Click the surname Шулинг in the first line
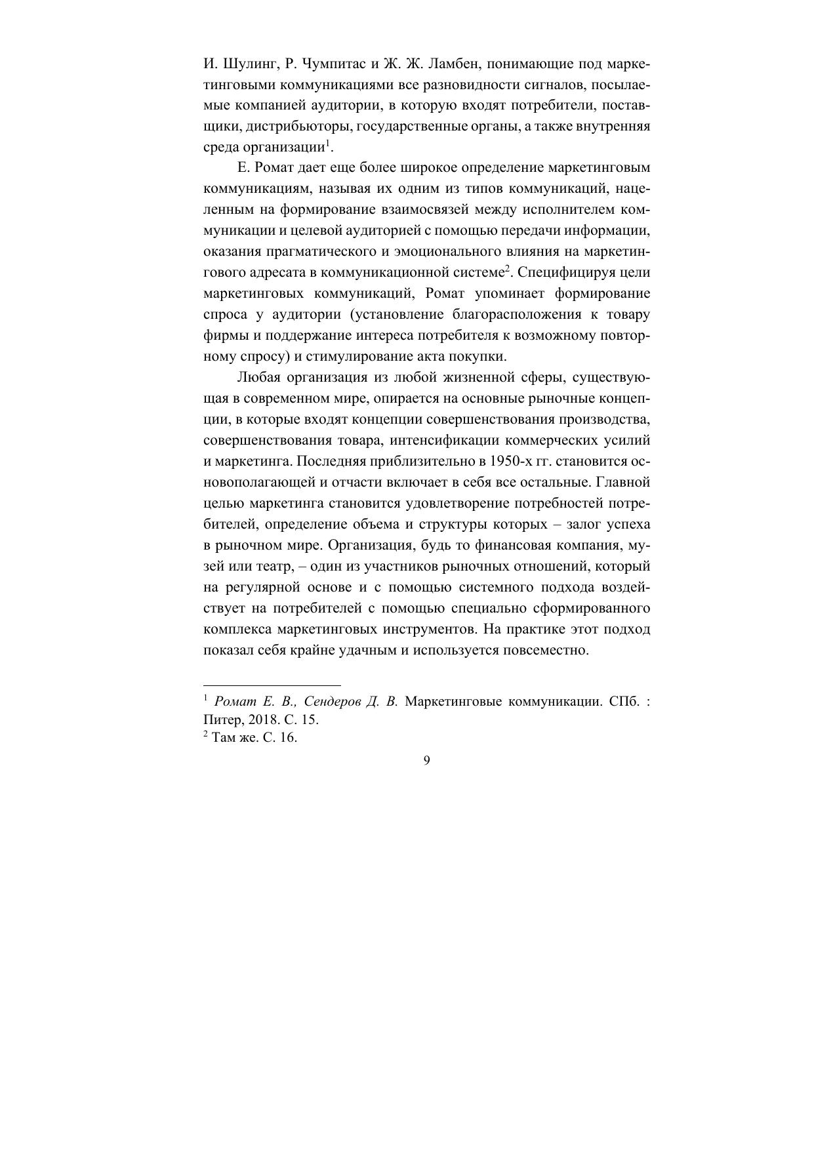242,64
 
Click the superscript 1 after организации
328,143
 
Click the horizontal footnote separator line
272,684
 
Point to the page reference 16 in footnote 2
289,737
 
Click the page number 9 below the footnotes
427,761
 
